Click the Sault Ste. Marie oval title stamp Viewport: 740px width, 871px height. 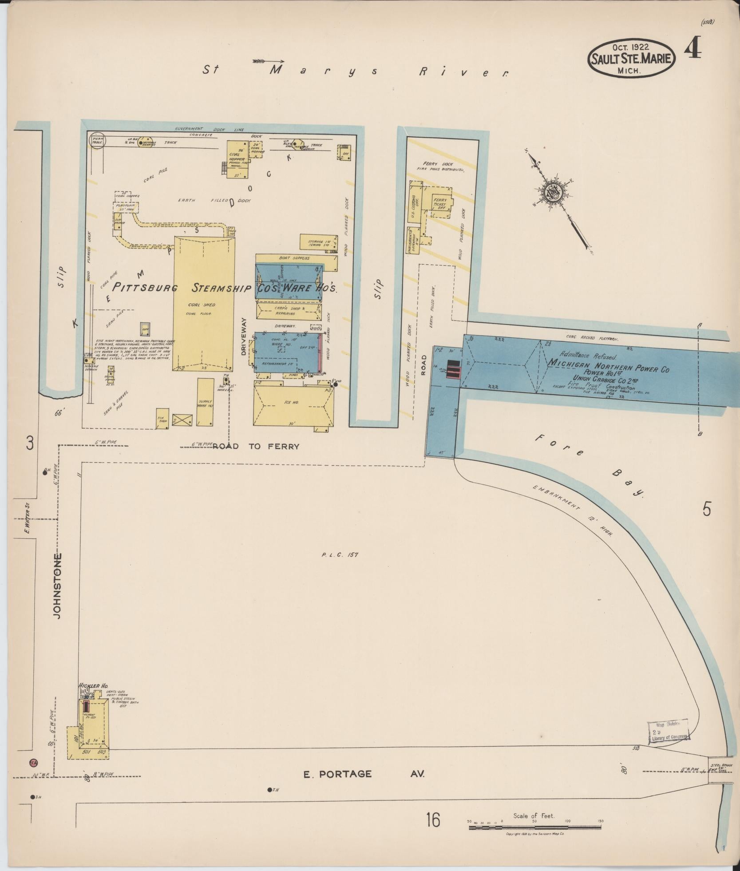pyautogui.click(x=631, y=58)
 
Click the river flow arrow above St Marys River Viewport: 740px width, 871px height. pyautogui.click(x=268, y=60)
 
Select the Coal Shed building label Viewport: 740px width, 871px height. pyautogui.click(x=202, y=305)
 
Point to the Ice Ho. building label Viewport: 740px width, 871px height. pyautogui.click(x=291, y=402)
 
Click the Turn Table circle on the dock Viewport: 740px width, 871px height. pyautogui.click(x=97, y=141)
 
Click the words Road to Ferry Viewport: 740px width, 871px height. pyautogui.click(x=256, y=446)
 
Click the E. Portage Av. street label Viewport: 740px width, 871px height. pyautogui.click(x=364, y=774)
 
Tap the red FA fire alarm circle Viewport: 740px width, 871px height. pyautogui.click(x=33, y=763)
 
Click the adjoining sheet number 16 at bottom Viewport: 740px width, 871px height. pyautogui.click(x=433, y=820)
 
